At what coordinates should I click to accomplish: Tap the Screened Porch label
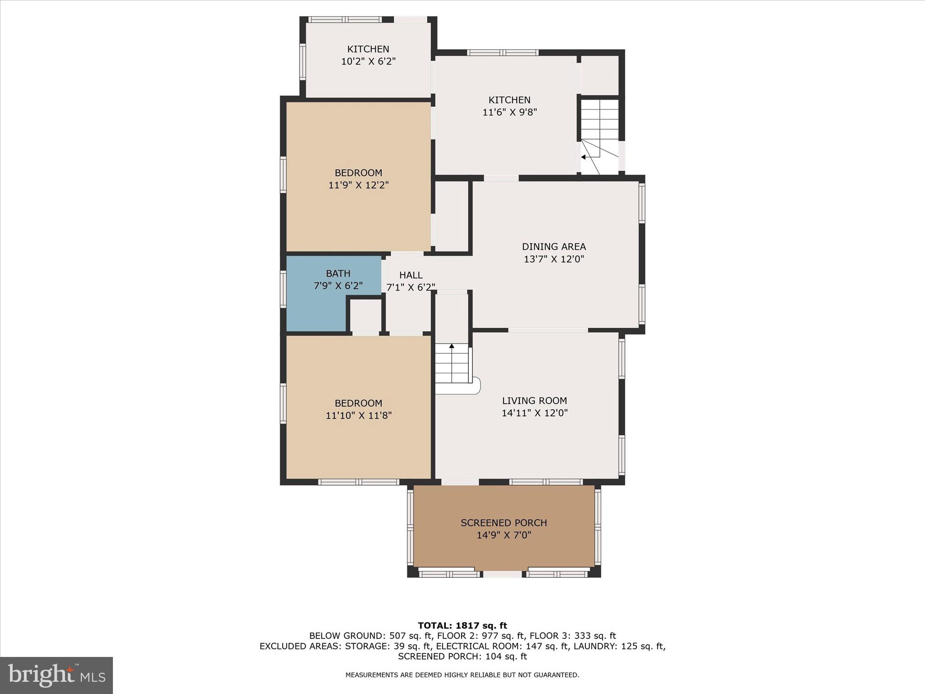[504, 523]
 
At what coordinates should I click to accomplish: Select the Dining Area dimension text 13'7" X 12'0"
[554, 259]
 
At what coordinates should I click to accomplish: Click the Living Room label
[534, 401]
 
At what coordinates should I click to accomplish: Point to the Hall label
[411, 275]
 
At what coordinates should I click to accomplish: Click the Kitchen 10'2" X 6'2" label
[368, 49]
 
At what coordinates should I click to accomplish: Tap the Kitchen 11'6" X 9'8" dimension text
[509, 113]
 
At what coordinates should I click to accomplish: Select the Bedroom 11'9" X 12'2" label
[358, 173]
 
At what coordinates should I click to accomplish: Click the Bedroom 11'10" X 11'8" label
[358, 403]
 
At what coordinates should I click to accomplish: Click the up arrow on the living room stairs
[451, 346]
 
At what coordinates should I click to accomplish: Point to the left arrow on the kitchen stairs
[584, 157]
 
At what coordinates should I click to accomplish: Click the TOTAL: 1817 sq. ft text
[462, 626]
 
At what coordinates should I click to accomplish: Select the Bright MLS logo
[56, 675]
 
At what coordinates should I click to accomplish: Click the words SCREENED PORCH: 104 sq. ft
[462, 656]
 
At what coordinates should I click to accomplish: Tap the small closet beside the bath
[365, 315]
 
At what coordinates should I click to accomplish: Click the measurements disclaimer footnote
[462, 675]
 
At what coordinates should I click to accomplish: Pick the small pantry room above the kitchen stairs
[599, 75]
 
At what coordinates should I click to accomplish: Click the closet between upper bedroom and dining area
[451, 216]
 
